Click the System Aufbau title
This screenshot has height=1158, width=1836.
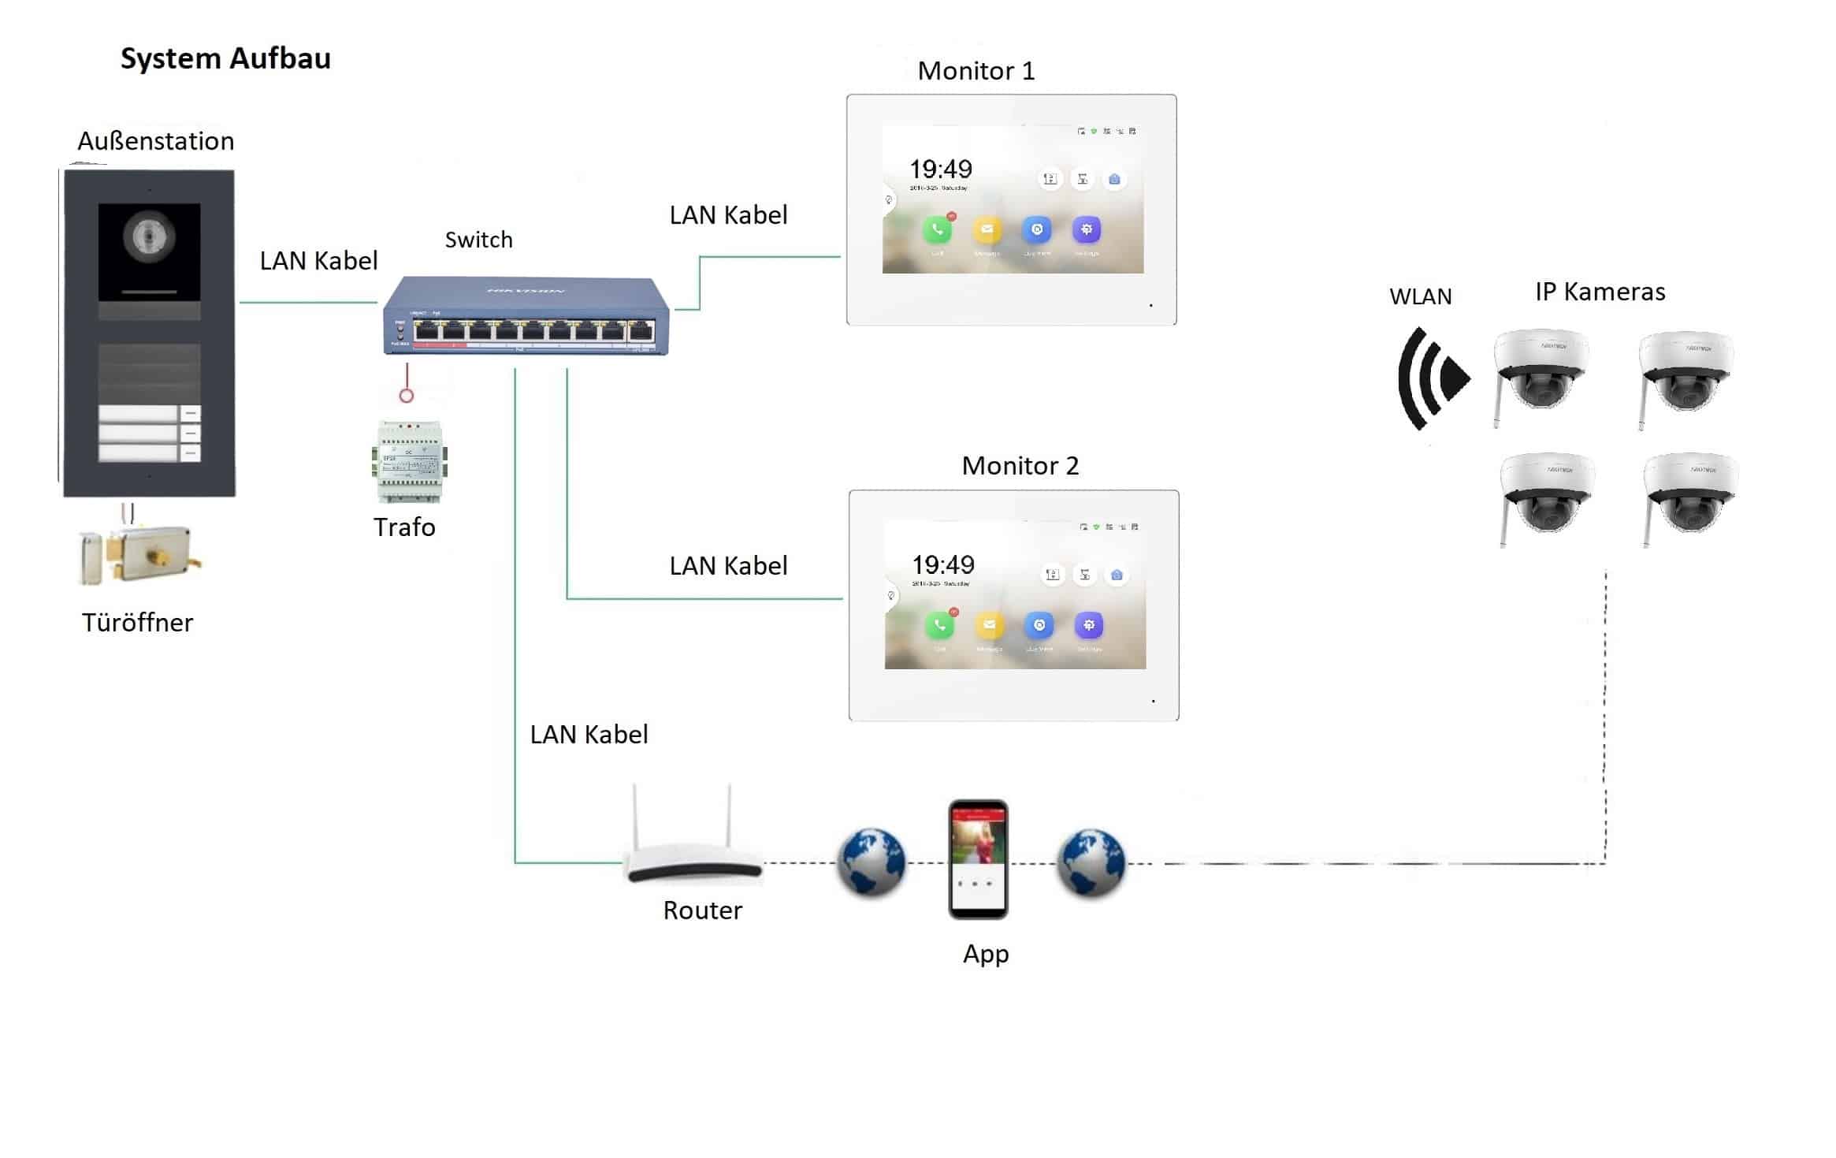tap(225, 59)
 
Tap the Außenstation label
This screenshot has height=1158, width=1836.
tap(156, 141)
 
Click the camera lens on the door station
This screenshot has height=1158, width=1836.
tap(149, 236)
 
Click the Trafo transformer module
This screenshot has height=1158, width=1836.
tap(409, 463)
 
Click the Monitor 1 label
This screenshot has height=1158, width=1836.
tap(976, 71)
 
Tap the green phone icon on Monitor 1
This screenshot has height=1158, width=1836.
tap(937, 230)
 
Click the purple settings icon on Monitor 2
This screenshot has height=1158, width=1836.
tap(1088, 626)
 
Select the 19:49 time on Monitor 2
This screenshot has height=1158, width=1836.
tap(943, 565)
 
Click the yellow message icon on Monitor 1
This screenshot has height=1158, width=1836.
tap(987, 230)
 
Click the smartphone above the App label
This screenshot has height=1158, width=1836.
tap(978, 859)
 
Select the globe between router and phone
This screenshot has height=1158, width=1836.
tap(871, 862)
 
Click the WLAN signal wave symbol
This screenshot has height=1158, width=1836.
tap(1432, 378)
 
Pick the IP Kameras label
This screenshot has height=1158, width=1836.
tap(1600, 292)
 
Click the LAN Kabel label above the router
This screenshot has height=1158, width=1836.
tap(589, 735)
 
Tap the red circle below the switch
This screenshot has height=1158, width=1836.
tap(407, 395)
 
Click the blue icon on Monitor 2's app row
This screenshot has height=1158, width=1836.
tap(1039, 626)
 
